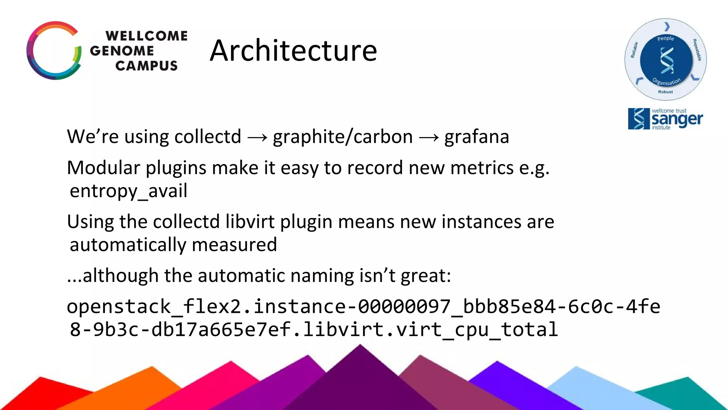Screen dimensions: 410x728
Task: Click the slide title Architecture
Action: [x=293, y=51]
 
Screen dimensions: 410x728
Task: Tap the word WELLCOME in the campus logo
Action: [x=146, y=36]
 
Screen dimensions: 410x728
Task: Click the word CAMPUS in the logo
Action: [x=146, y=65]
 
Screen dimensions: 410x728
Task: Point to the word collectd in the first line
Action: [x=208, y=137]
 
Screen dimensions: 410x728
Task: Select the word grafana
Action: [x=477, y=137]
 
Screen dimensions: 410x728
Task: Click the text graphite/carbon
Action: [x=343, y=137]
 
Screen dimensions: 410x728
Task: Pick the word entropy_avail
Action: [x=128, y=191]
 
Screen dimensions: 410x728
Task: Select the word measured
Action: [x=234, y=245]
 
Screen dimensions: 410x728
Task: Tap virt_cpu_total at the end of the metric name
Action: [x=477, y=330]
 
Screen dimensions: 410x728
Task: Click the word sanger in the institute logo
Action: [x=677, y=120]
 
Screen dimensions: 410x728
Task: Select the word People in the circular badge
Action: [x=665, y=38]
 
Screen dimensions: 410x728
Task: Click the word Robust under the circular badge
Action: [x=665, y=92]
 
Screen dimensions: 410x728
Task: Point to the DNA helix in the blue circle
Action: [x=667, y=60]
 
